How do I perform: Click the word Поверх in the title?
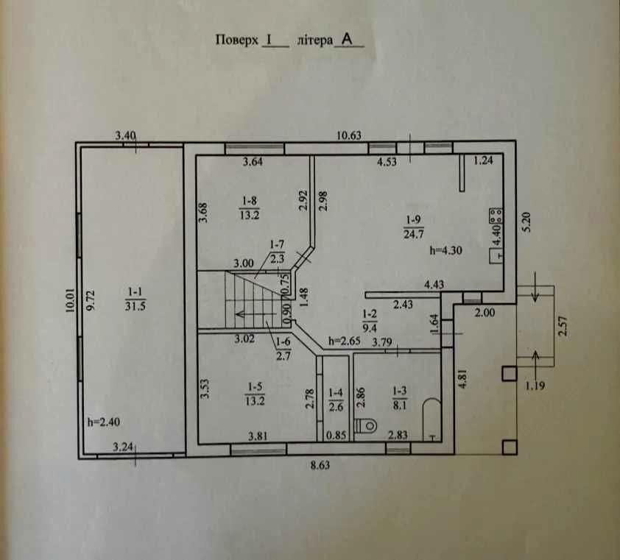(236, 40)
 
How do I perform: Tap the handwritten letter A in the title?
(347, 39)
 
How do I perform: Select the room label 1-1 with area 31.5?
(135, 299)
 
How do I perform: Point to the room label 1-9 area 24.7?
(414, 227)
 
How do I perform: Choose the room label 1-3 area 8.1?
(399, 398)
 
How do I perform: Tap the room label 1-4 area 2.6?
(336, 400)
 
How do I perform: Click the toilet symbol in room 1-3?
(365, 425)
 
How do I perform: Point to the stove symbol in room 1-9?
(496, 216)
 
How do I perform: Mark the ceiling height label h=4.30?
(446, 250)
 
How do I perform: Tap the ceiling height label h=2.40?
(104, 422)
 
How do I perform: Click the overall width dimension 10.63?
(349, 135)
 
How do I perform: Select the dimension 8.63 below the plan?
(320, 465)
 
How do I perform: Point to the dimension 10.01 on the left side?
(71, 300)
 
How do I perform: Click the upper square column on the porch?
(510, 373)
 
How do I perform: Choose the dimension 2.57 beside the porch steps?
(563, 326)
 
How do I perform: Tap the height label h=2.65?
(345, 341)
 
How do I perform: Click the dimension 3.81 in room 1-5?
(258, 436)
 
